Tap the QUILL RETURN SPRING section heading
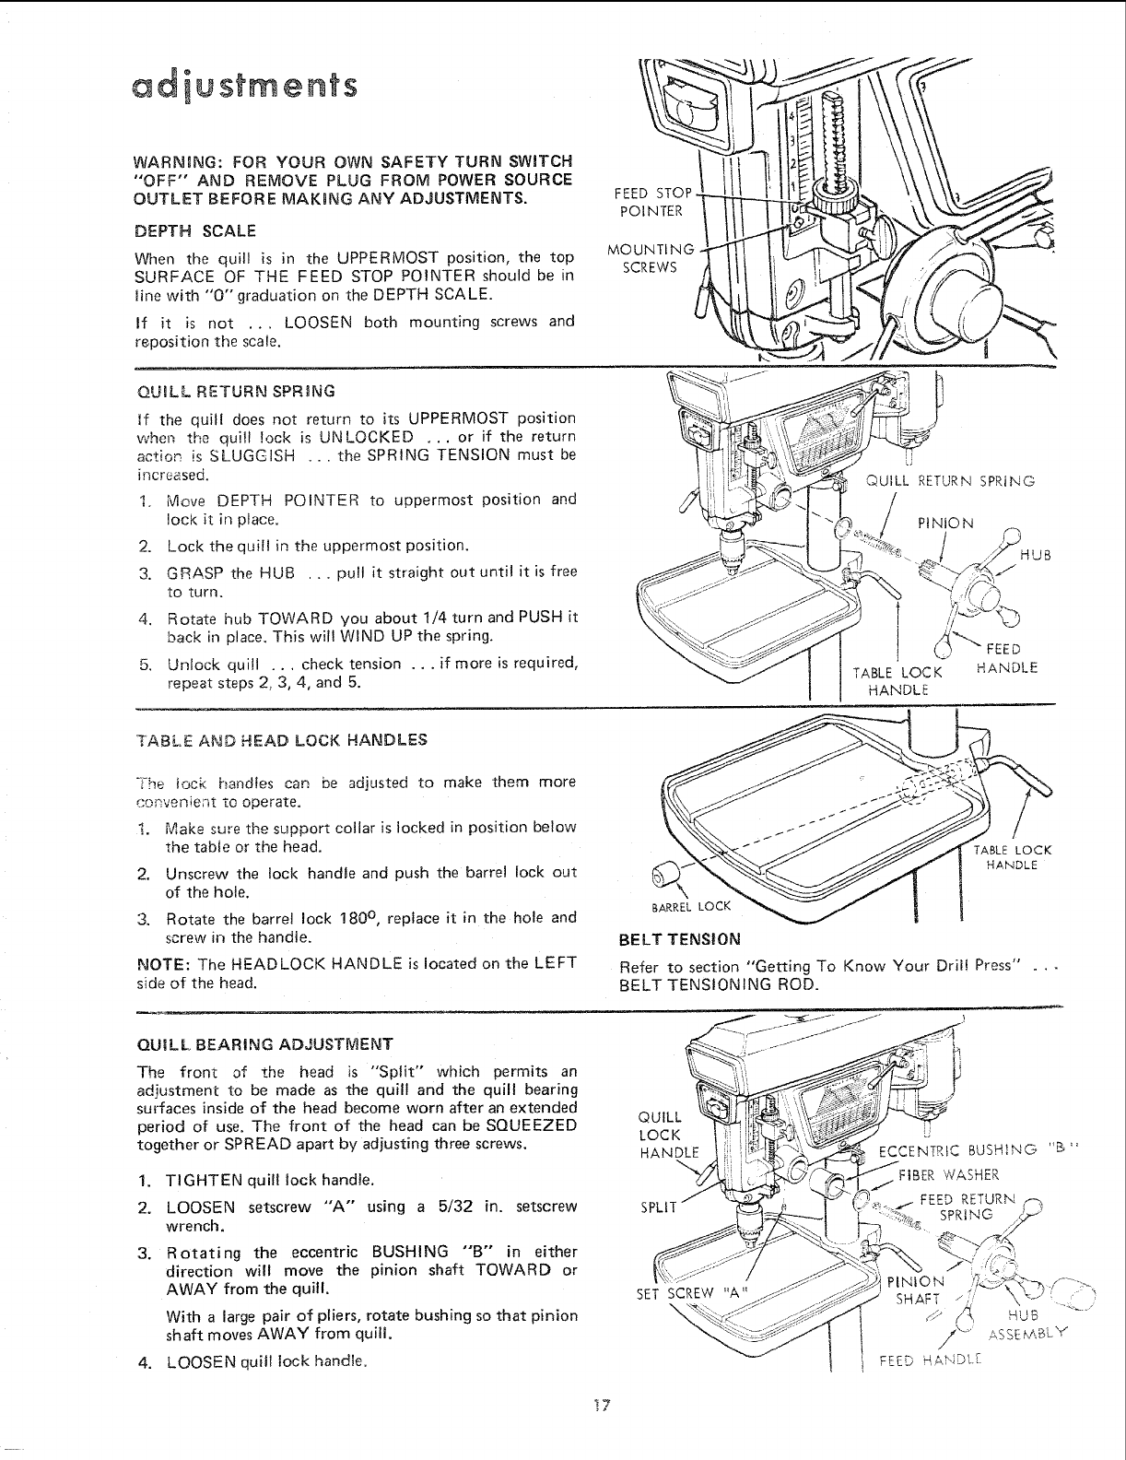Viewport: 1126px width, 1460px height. point(222,390)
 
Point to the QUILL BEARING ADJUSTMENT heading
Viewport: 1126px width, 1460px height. point(264,1043)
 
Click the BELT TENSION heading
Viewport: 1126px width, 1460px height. point(680,940)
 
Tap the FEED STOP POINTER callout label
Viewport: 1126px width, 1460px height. point(651,201)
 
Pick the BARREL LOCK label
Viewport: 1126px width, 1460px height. point(691,906)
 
